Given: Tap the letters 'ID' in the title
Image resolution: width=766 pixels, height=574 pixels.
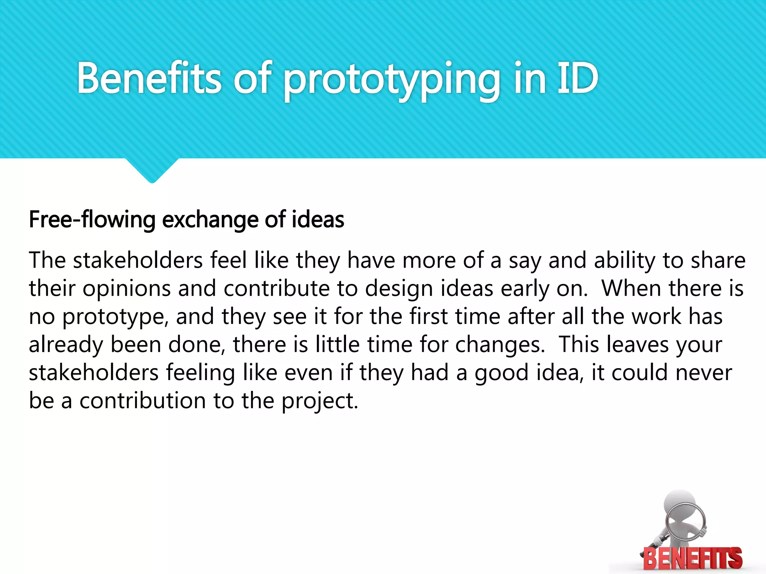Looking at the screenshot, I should click(x=577, y=78).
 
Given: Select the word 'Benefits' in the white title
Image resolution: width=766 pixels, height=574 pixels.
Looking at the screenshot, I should click(x=149, y=78).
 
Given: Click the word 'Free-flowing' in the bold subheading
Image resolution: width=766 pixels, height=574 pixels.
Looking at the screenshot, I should click(x=92, y=219).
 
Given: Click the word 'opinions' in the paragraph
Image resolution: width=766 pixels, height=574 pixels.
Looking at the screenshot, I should click(x=126, y=289).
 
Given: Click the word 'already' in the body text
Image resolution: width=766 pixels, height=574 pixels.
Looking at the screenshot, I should click(x=66, y=345).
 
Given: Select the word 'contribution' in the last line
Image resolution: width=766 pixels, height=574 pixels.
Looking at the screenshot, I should click(x=143, y=401).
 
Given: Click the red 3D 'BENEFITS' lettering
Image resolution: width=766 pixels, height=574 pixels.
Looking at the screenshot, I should click(x=693, y=558).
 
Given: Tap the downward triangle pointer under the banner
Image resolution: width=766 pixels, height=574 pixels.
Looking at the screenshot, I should click(x=152, y=170).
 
